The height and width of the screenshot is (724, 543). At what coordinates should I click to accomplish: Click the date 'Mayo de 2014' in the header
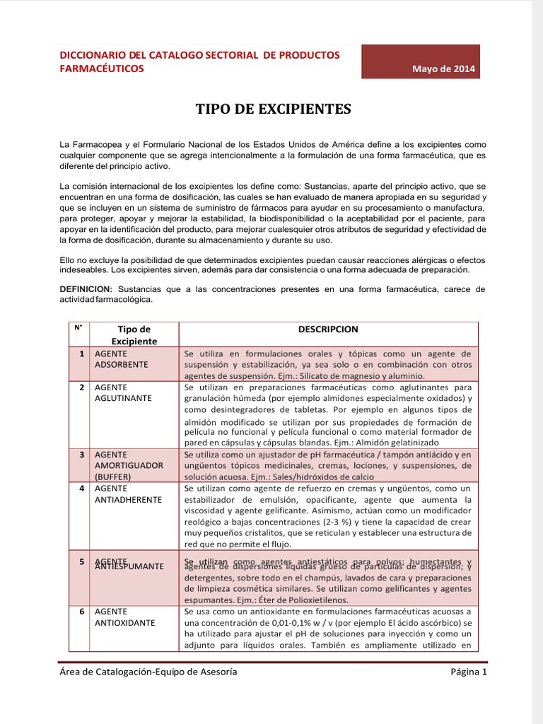coord(445,69)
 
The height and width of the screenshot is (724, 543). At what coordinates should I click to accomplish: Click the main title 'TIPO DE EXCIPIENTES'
coord(273,109)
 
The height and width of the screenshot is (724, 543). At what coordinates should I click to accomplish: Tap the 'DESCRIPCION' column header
coord(328,329)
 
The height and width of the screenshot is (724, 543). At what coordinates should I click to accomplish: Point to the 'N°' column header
coord(78,327)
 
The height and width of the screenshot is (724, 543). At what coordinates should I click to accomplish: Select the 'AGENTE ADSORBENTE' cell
coord(121,358)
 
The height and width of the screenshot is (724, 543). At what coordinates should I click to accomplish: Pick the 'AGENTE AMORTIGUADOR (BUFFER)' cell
coord(128,465)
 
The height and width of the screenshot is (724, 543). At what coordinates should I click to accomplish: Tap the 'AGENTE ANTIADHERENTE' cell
coord(127,494)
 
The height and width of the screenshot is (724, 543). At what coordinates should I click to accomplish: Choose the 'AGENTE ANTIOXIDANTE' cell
coord(124,617)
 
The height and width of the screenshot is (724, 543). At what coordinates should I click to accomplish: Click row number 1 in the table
coord(82,353)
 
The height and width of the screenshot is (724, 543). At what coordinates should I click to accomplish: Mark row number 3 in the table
coord(82,454)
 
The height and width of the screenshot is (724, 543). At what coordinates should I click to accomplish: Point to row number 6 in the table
coord(82,612)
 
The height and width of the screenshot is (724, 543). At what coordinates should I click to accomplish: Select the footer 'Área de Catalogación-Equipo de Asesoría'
coord(148,672)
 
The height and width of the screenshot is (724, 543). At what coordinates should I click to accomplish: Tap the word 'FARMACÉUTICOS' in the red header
coord(101,69)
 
